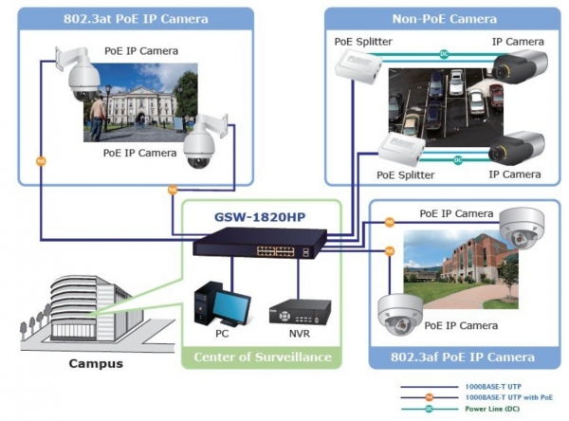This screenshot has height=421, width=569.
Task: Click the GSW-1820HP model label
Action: pos(260,217)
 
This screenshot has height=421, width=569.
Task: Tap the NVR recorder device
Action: pos(300,311)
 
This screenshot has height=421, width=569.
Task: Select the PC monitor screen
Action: pos(231,306)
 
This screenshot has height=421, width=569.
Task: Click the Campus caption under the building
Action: pos(96,363)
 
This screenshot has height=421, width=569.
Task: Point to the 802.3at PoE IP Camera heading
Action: pos(136,19)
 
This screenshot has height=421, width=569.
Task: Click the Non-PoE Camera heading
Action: pos(444,19)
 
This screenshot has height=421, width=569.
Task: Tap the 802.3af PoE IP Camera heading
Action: pos(463,357)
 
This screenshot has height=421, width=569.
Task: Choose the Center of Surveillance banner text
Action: pos(263,357)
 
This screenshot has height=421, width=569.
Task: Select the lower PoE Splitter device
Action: pos(402,148)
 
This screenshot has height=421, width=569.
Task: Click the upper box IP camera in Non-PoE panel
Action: pos(520,68)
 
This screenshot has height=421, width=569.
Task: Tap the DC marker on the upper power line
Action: pos(444,54)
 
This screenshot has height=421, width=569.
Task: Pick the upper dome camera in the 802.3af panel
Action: pos(523,229)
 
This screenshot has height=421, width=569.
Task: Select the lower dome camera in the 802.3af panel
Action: pos(400,315)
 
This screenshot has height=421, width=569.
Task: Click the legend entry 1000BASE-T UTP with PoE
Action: pos(508,397)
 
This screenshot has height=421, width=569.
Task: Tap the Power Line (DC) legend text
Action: pos(492,409)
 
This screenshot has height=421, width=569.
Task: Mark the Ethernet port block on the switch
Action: pos(275,251)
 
